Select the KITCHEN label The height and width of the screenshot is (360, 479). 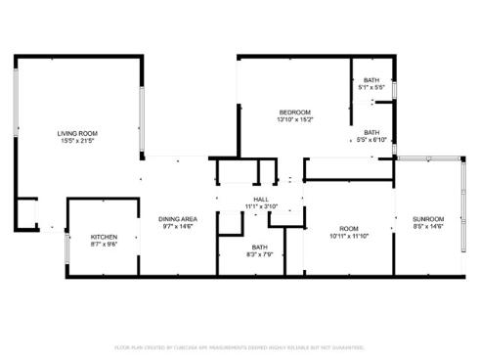tap(105, 237)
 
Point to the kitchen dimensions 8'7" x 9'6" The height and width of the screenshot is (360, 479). tap(105, 245)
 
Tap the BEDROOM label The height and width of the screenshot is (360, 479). tap(294, 112)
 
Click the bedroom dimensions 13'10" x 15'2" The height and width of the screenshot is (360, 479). tap(294, 120)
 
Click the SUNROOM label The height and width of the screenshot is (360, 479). tap(428, 218)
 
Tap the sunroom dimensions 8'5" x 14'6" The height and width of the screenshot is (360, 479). tap(428, 226)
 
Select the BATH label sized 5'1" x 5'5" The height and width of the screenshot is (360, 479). tap(371, 80)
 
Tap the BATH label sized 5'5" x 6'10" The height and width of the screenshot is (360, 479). tap(371, 132)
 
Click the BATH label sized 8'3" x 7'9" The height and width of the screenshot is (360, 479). tap(259, 247)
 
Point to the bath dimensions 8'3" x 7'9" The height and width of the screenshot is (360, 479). tap(259, 254)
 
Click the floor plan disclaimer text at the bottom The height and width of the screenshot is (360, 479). tap(239, 346)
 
